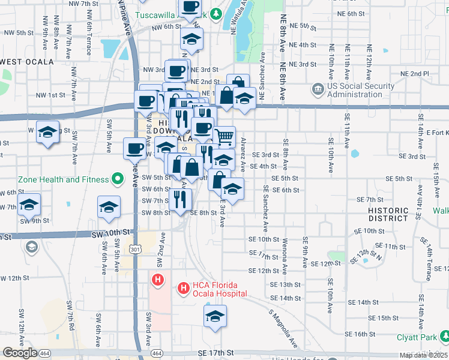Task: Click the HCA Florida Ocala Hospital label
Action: (x=220, y=289)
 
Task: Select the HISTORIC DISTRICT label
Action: (x=388, y=214)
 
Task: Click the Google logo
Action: (x=19, y=353)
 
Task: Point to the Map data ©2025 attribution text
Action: (x=423, y=355)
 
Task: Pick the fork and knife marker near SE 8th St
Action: (x=180, y=199)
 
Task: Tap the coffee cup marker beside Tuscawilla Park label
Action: (x=190, y=7)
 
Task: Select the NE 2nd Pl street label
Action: (x=417, y=73)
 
